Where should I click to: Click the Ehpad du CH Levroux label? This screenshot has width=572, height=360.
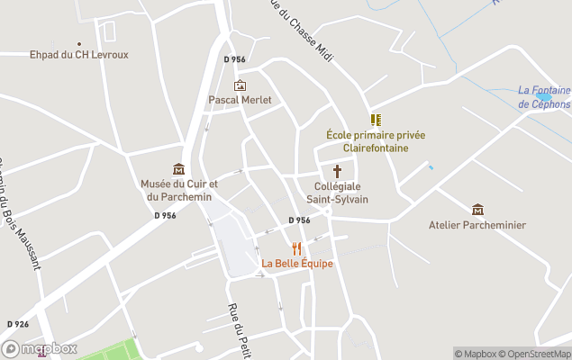tap(78, 55)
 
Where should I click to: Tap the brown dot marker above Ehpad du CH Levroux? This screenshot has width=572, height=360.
tap(78, 43)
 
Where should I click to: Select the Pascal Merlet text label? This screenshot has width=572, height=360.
tap(240, 100)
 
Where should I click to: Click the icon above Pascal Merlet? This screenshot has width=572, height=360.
tap(240, 85)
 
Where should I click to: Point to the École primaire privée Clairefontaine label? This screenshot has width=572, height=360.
tap(376, 141)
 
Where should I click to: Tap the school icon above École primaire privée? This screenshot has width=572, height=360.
tap(376, 120)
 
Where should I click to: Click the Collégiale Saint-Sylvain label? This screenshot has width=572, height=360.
tap(338, 193)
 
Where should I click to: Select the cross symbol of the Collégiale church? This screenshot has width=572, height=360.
tap(338, 171)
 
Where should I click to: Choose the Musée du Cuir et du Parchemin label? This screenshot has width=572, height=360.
tap(178, 191)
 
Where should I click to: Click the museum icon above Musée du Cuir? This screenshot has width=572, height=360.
tap(178, 169)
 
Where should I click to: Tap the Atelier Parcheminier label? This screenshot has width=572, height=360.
tap(477, 225)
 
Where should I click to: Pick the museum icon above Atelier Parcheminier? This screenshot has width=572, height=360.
tap(477, 210)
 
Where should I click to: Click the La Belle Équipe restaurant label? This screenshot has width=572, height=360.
tap(297, 264)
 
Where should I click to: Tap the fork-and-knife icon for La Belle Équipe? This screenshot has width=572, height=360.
tap(296, 248)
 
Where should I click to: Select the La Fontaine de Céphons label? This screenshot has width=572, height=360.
tap(544, 97)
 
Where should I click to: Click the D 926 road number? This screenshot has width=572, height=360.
tap(18, 324)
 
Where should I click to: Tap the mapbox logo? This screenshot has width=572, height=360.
tap(40, 349)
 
